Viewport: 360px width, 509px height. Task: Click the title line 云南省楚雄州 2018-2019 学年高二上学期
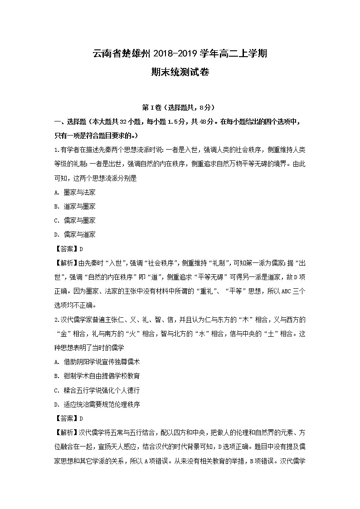(x=180, y=54)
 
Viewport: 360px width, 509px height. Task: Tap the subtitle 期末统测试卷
(x=180, y=72)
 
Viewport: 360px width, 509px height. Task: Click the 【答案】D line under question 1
(x=68, y=249)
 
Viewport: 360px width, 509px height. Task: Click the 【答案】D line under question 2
(x=68, y=418)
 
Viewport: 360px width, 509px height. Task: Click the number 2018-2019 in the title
(x=174, y=54)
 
